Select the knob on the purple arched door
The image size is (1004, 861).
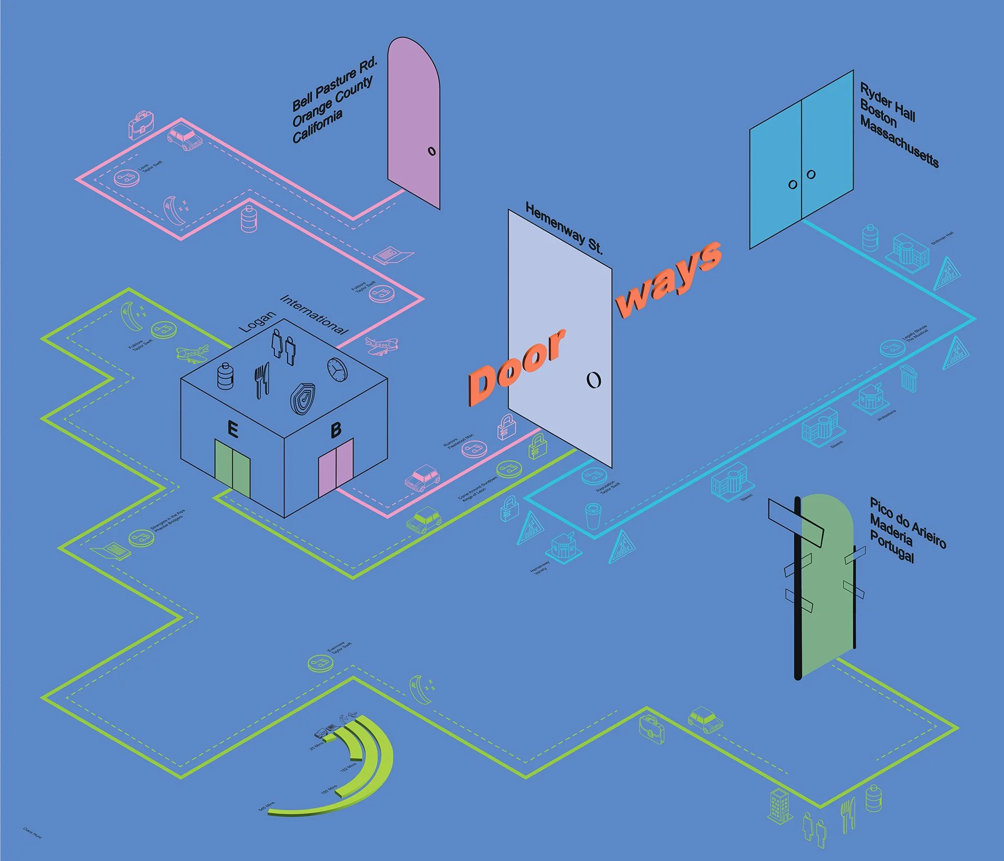431,151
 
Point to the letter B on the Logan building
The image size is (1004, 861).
336,429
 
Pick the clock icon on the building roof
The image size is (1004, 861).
337,369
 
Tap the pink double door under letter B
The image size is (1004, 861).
336,468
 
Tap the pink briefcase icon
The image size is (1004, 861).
141,124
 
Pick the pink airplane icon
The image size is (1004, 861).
381,345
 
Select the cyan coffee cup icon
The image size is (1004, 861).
593,516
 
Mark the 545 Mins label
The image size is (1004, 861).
266,806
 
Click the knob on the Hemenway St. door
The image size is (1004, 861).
594,380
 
